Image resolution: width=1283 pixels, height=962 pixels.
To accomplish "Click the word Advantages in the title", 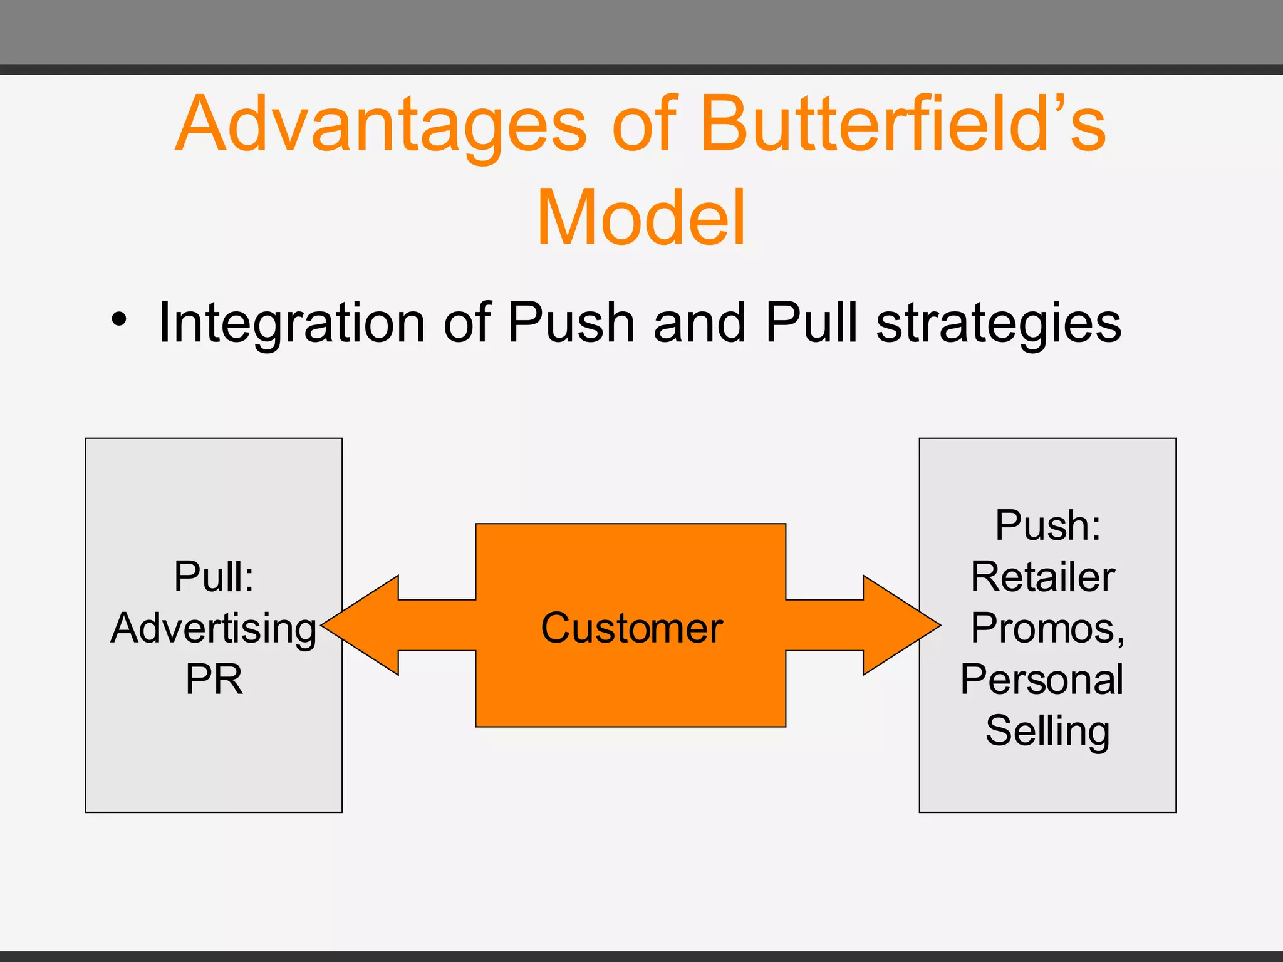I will (x=380, y=125).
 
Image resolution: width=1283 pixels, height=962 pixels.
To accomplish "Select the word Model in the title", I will (x=641, y=218).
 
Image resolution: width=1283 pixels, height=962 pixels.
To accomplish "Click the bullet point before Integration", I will (x=118, y=320).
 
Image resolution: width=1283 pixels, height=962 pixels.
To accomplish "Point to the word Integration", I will (x=292, y=323).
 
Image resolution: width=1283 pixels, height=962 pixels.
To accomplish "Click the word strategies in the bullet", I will (x=998, y=323).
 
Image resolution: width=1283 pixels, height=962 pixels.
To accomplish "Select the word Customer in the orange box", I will (x=631, y=628).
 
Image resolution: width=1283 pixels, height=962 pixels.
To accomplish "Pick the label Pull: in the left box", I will (x=214, y=576).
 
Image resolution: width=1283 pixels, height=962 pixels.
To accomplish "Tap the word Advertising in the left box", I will (x=214, y=628).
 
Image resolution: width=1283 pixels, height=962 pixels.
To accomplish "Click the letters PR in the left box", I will (x=214, y=680).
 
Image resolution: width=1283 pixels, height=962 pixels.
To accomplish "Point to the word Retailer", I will (x=1042, y=576).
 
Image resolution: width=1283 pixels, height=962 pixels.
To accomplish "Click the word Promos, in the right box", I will (x=1047, y=628).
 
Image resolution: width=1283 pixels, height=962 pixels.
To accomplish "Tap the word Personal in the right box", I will (x=1042, y=680).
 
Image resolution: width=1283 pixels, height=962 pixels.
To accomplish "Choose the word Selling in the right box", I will (x=1047, y=731).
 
